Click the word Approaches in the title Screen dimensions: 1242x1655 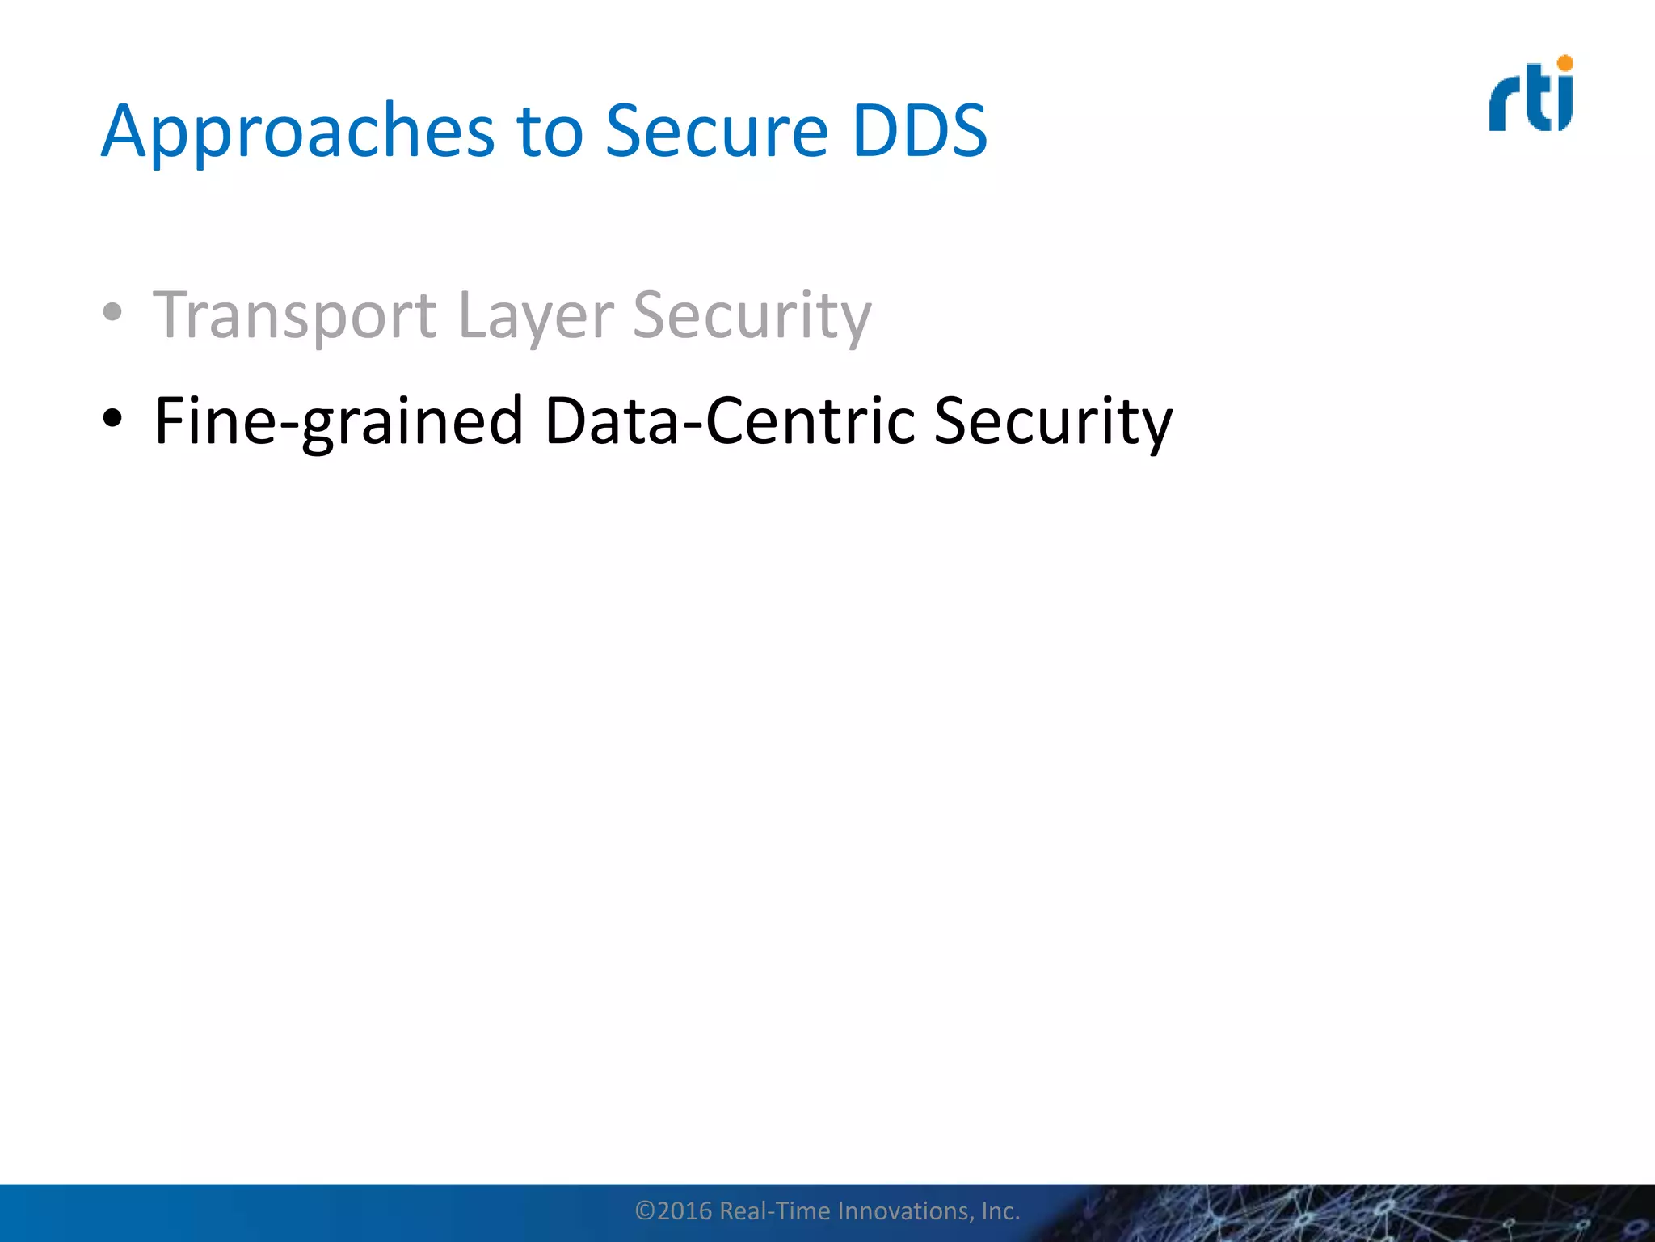click(297, 132)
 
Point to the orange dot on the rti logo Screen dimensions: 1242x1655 click(1564, 63)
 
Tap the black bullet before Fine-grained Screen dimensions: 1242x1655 click(112, 418)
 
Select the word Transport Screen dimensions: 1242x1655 click(295, 316)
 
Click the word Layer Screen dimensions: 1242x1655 click(535, 316)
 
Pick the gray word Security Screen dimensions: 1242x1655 click(752, 316)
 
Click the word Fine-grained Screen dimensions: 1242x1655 click(339, 421)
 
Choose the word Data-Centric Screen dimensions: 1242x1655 click(730, 421)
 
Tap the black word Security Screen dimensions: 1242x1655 click(1052, 421)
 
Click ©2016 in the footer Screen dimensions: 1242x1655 click(673, 1210)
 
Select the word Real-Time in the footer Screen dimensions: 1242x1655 click(774, 1210)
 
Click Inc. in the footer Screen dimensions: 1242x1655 click(1000, 1210)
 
